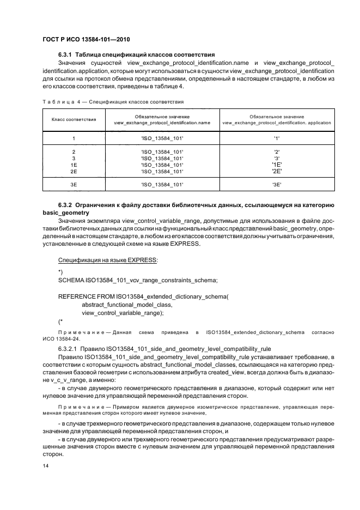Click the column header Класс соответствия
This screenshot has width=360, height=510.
tap(74, 119)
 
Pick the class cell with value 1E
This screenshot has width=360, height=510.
tap(74, 164)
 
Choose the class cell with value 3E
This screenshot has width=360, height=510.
tap(74, 185)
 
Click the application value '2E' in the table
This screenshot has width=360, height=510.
tap(277, 171)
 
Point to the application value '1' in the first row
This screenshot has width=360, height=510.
tap(277, 138)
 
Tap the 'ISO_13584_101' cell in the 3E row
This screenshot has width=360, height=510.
tap(162, 185)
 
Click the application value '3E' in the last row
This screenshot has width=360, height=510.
tap(277, 185)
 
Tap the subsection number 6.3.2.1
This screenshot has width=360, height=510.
tap(69, 348)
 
